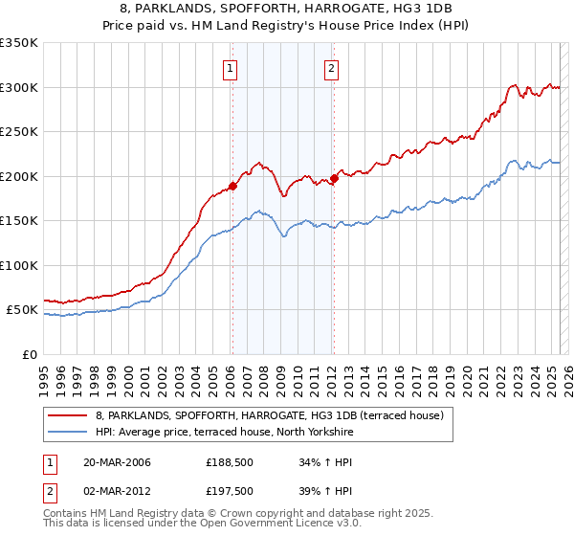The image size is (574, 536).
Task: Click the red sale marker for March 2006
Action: tap(232, 187)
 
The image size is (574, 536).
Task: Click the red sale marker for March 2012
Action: tap(334, 178)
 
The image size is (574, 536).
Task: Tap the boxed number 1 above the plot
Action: tap(232, 68)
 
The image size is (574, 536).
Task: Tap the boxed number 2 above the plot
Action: tap(331, 68)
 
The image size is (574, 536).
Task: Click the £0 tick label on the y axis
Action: tap(29, 354)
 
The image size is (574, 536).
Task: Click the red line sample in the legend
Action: tap(67, 416)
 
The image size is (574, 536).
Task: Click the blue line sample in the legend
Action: tap(67, 433)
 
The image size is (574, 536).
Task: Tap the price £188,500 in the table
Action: tap(229, 463)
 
